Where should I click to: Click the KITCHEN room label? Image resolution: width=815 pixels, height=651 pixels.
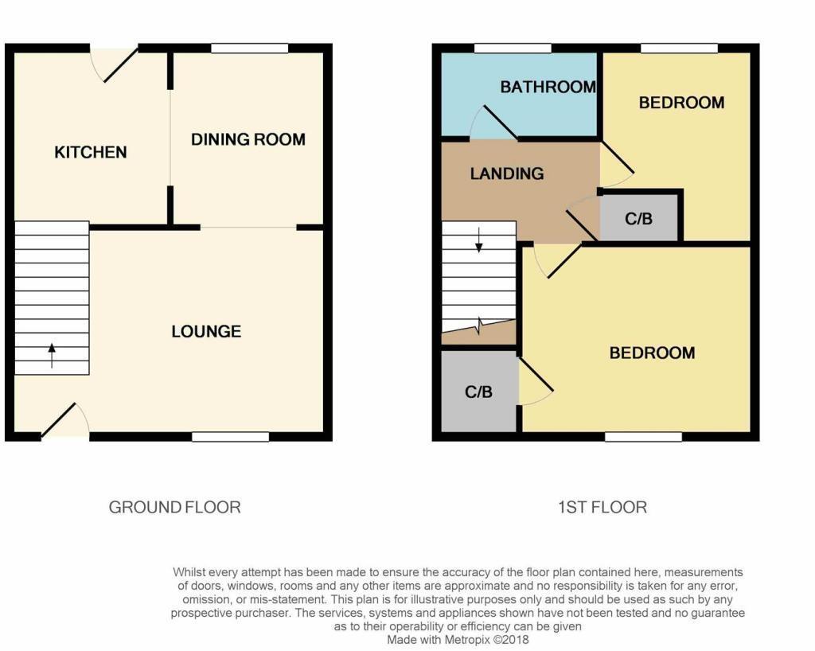point(90,152)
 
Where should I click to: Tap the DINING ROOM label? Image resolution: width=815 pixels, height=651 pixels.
point(248,139)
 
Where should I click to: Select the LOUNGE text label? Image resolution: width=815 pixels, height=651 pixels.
point(206,331)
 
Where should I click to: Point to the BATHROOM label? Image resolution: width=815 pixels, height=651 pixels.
point(548,87)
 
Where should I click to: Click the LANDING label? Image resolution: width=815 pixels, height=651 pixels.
point(506,173)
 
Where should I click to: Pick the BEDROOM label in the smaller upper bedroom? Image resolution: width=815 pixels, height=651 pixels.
point(681,102)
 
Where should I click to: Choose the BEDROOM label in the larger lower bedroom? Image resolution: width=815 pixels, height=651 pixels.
point(652,353)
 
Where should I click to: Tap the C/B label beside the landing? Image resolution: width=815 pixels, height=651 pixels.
point(638,218)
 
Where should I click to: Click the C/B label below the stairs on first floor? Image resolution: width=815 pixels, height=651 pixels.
point(478,392)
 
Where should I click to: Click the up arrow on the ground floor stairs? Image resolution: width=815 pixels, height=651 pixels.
point(52,354)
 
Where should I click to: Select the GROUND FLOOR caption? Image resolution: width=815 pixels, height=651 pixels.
point(174,507)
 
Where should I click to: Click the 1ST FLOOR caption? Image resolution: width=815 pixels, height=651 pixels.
point(602,507)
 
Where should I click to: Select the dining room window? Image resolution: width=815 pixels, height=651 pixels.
point(249,49)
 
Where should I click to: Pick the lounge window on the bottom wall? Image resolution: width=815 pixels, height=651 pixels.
point(230,436)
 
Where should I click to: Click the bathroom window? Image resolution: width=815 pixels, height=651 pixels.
point(513,49)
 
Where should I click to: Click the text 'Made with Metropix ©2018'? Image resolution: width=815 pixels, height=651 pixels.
point(458,639)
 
